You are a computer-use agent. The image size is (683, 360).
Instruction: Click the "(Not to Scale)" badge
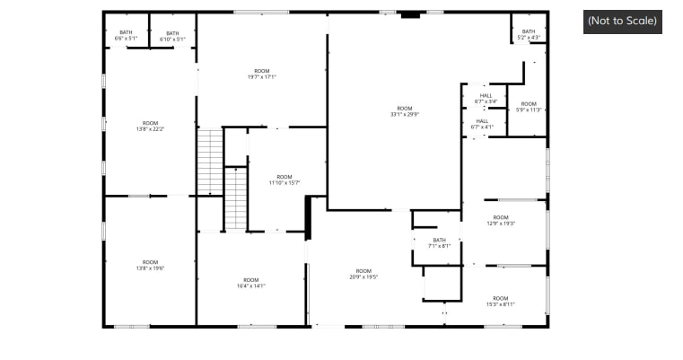622,21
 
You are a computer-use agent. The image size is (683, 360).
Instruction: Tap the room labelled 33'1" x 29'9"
405,111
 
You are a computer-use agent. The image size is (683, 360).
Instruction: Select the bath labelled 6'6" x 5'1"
126,36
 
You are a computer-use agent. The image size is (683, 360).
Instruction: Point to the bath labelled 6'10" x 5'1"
172,36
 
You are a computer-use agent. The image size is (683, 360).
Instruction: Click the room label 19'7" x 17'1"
261,74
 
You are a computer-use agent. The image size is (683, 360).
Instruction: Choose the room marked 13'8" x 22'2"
150,126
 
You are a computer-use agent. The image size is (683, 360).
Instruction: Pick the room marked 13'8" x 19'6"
150,265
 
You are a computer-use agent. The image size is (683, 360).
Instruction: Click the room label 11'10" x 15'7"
285,180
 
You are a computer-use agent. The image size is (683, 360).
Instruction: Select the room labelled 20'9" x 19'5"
363,274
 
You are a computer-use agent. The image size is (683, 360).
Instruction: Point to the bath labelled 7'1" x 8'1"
439,242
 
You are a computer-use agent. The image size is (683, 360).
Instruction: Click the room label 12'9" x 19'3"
500,220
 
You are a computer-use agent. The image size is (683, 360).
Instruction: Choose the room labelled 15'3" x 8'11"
500,301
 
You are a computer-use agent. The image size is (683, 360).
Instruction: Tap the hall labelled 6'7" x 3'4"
485,99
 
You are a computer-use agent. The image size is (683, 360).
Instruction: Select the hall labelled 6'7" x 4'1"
482,124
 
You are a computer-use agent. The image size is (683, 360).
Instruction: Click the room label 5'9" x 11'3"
529,107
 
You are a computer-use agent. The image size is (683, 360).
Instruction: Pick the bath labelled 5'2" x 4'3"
528,34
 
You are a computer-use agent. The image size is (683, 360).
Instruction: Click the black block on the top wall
410,14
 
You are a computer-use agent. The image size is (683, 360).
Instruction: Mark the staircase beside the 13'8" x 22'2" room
209,162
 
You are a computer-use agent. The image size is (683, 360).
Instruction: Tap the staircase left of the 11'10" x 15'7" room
235,198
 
